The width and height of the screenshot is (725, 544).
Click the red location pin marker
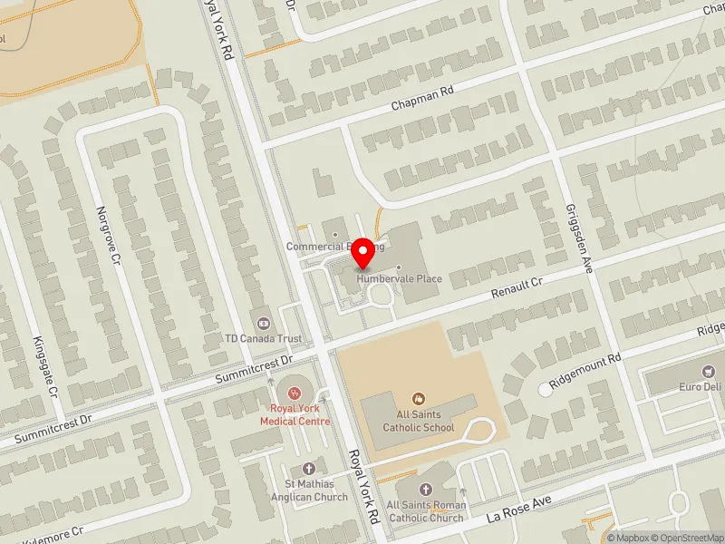coord(364,254)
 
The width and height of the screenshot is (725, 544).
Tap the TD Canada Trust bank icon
coord(264,322)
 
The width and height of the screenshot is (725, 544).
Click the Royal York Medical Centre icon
coord(294,392)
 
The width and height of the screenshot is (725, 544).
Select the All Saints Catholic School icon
coord(418,398)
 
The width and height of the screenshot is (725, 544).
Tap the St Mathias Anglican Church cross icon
coord(308,468)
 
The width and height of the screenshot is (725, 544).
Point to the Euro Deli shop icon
coord(709,371)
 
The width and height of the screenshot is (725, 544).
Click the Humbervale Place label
coord(399,278)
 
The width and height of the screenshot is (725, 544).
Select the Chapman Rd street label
coord(421,98)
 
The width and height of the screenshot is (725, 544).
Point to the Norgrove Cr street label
coord(109,235)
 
